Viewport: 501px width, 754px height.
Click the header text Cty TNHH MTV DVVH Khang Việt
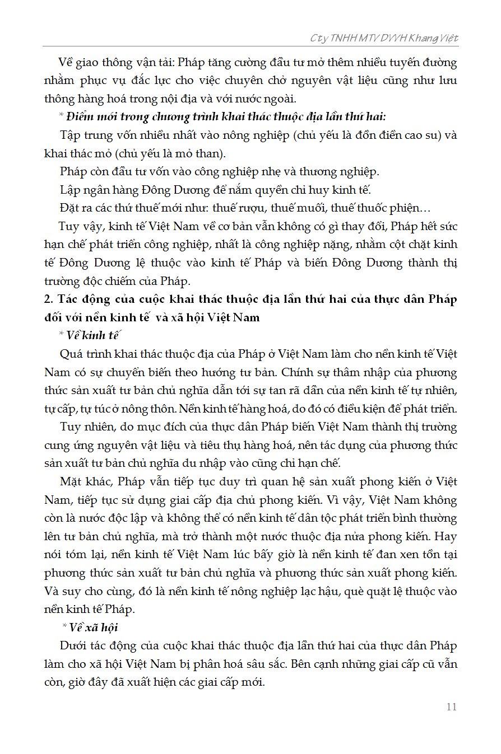point(384,38)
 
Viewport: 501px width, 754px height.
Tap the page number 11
point(451,707)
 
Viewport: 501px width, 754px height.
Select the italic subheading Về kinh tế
point(94,335)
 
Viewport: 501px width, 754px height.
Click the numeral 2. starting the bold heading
point(48,299)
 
